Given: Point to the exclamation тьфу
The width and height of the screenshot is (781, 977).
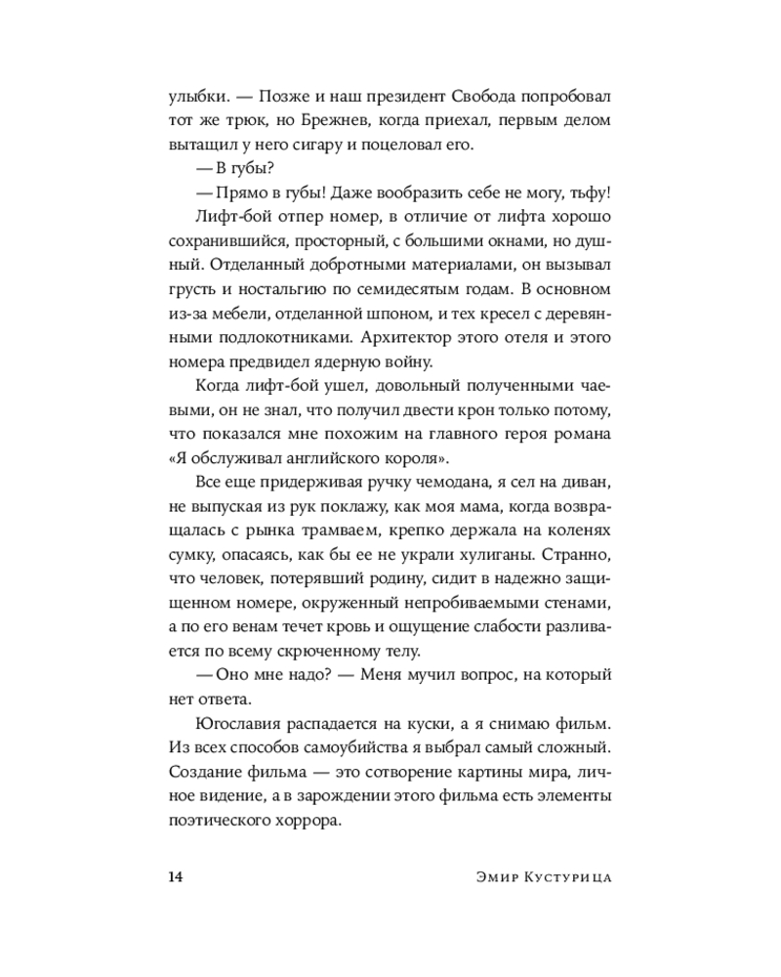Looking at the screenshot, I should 590,194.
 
